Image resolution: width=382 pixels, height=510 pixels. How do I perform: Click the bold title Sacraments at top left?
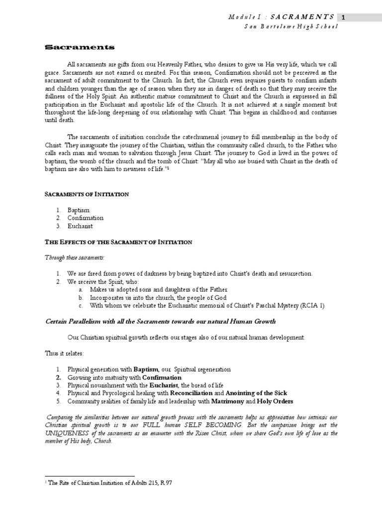tap(80, 48)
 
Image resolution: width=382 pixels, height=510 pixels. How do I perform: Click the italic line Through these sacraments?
tap(77, 258)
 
